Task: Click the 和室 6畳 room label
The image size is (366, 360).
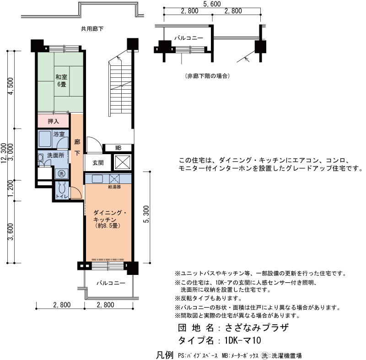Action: pos(61,81)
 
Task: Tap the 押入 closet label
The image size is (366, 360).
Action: pos(53,121)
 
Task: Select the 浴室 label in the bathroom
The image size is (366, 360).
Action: pos(59,134)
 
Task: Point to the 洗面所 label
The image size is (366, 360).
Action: pos(55,156)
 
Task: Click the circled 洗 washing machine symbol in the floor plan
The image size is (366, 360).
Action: pos(61,173)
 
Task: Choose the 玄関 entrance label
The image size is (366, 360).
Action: pos(98,163)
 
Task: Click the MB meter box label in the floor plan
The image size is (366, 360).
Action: pos(118,148)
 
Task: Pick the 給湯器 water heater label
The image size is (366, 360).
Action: pos(114,187)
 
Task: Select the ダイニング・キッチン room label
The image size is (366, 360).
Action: pos(110,216)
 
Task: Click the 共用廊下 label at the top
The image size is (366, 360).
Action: pos(92,29)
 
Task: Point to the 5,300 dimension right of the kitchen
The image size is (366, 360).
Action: pos(146,214)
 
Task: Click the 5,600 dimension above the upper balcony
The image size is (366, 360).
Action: pos(212,4)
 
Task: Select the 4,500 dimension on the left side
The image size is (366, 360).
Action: pos(11,86)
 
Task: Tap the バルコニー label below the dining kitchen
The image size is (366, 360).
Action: pos(111,283)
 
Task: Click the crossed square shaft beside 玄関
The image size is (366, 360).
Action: pos(123,162)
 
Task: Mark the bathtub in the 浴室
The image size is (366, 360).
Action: pos(45,139)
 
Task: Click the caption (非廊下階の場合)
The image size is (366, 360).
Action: pos(208,76)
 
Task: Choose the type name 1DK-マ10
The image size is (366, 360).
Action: pos(243,340)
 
